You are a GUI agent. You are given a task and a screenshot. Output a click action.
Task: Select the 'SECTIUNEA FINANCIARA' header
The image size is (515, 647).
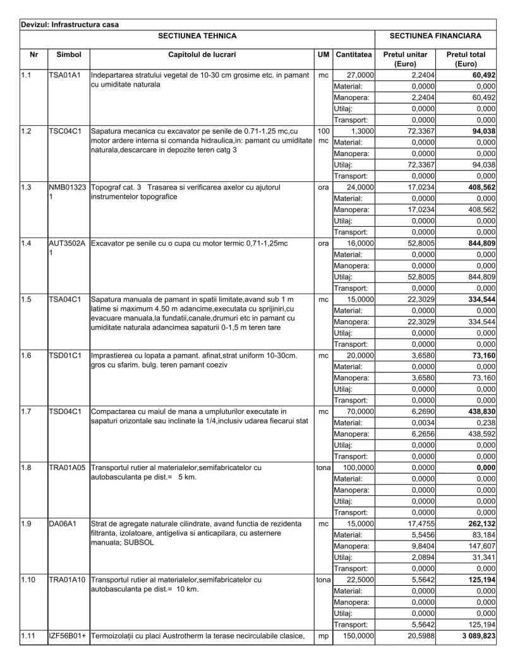pos(435,37)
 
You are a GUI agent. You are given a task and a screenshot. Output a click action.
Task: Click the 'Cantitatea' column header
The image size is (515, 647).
pos(354,55)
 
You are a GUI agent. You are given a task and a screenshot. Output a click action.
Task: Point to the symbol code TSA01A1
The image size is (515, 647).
pos(64,75)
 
